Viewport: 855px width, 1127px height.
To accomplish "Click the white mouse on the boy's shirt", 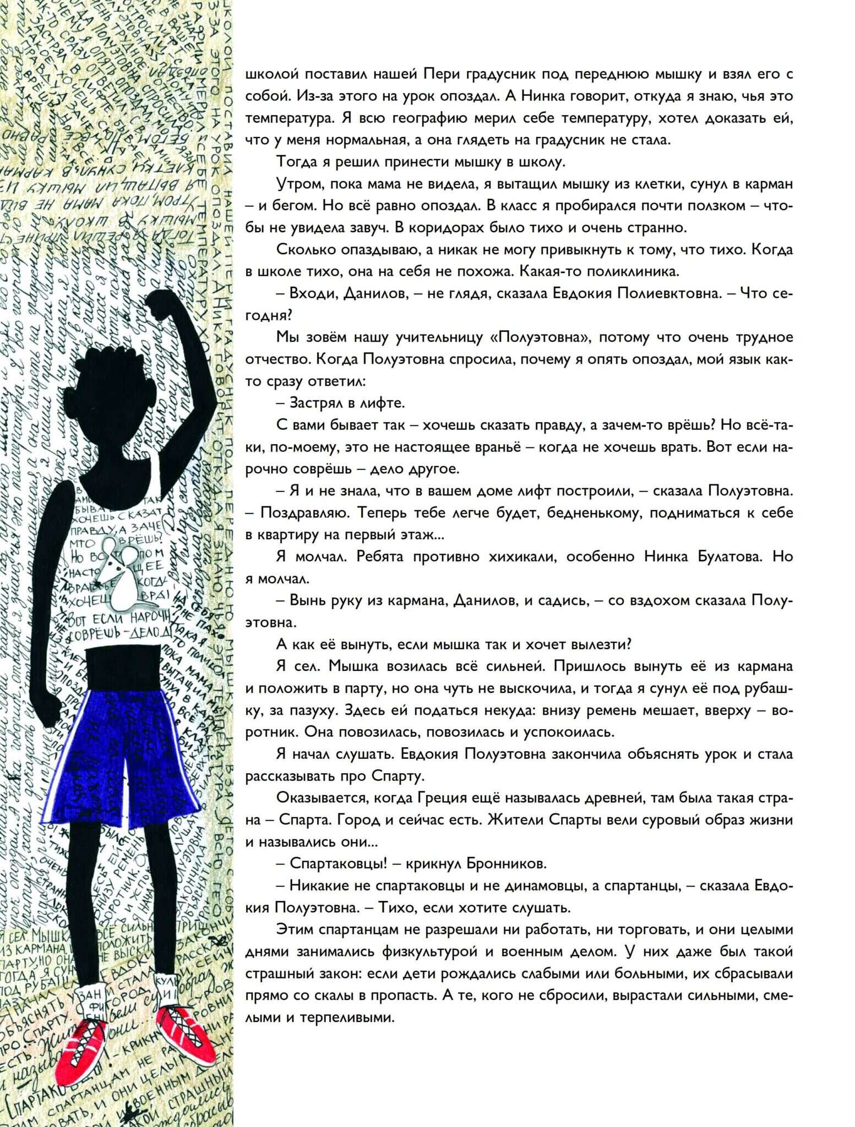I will (117, 572).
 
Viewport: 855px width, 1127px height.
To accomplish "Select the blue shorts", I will (118, 759).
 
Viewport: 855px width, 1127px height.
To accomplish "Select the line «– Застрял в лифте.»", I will (341, 403).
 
